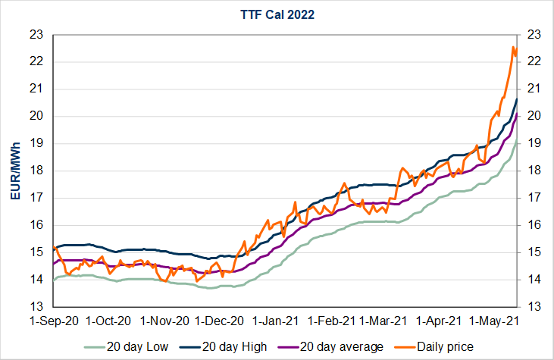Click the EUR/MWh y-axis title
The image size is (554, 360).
(14, 171)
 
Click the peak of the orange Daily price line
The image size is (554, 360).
(513, 47)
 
